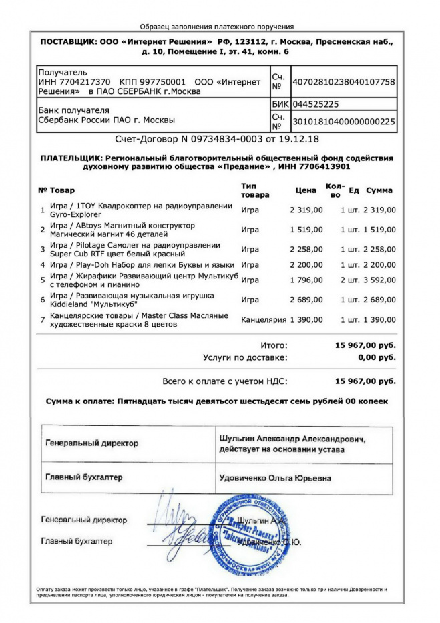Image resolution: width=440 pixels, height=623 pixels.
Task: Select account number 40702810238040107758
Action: pyautogui.click(x=344, y=82)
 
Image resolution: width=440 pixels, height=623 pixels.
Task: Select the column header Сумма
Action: pyautogui.click(x=379, y=190)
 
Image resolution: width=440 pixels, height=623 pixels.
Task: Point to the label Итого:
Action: pyautogui.click(x=274, y=345)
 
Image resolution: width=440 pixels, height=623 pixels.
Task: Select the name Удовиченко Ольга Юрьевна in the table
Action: pyautogui.click(x=274, y=478)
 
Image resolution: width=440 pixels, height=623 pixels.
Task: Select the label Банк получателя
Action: pyautogui.click(x=74, y=110)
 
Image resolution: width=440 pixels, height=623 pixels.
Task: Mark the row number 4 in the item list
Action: pyautogui.click(x=43, y=265)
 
